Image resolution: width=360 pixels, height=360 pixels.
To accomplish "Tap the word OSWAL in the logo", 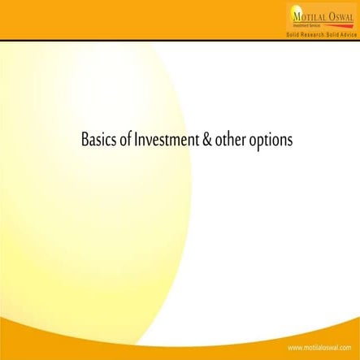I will (339, 15).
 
